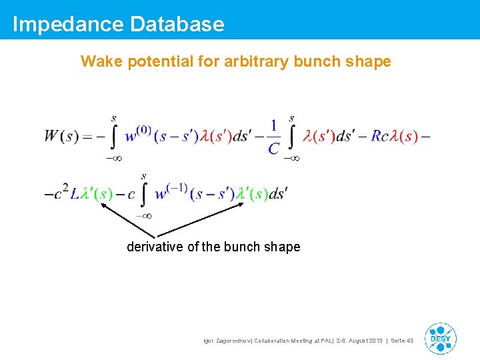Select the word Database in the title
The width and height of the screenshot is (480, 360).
click(x=177, y=25)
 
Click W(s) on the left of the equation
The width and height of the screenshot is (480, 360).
click(x=62, y=137)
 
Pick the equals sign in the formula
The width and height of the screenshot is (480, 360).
click(x=88, y=137)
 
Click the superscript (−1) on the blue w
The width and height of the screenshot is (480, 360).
click(x=175, y=187)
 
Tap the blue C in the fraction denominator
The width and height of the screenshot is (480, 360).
click(x=273, y=148)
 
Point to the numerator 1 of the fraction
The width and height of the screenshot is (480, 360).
click(x=273, y=125)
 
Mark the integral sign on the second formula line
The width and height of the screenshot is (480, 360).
click(x=143, y=195)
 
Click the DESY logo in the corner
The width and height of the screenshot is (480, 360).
click(x=440, y=338)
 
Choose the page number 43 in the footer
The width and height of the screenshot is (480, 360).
click(x=409, y=341)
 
